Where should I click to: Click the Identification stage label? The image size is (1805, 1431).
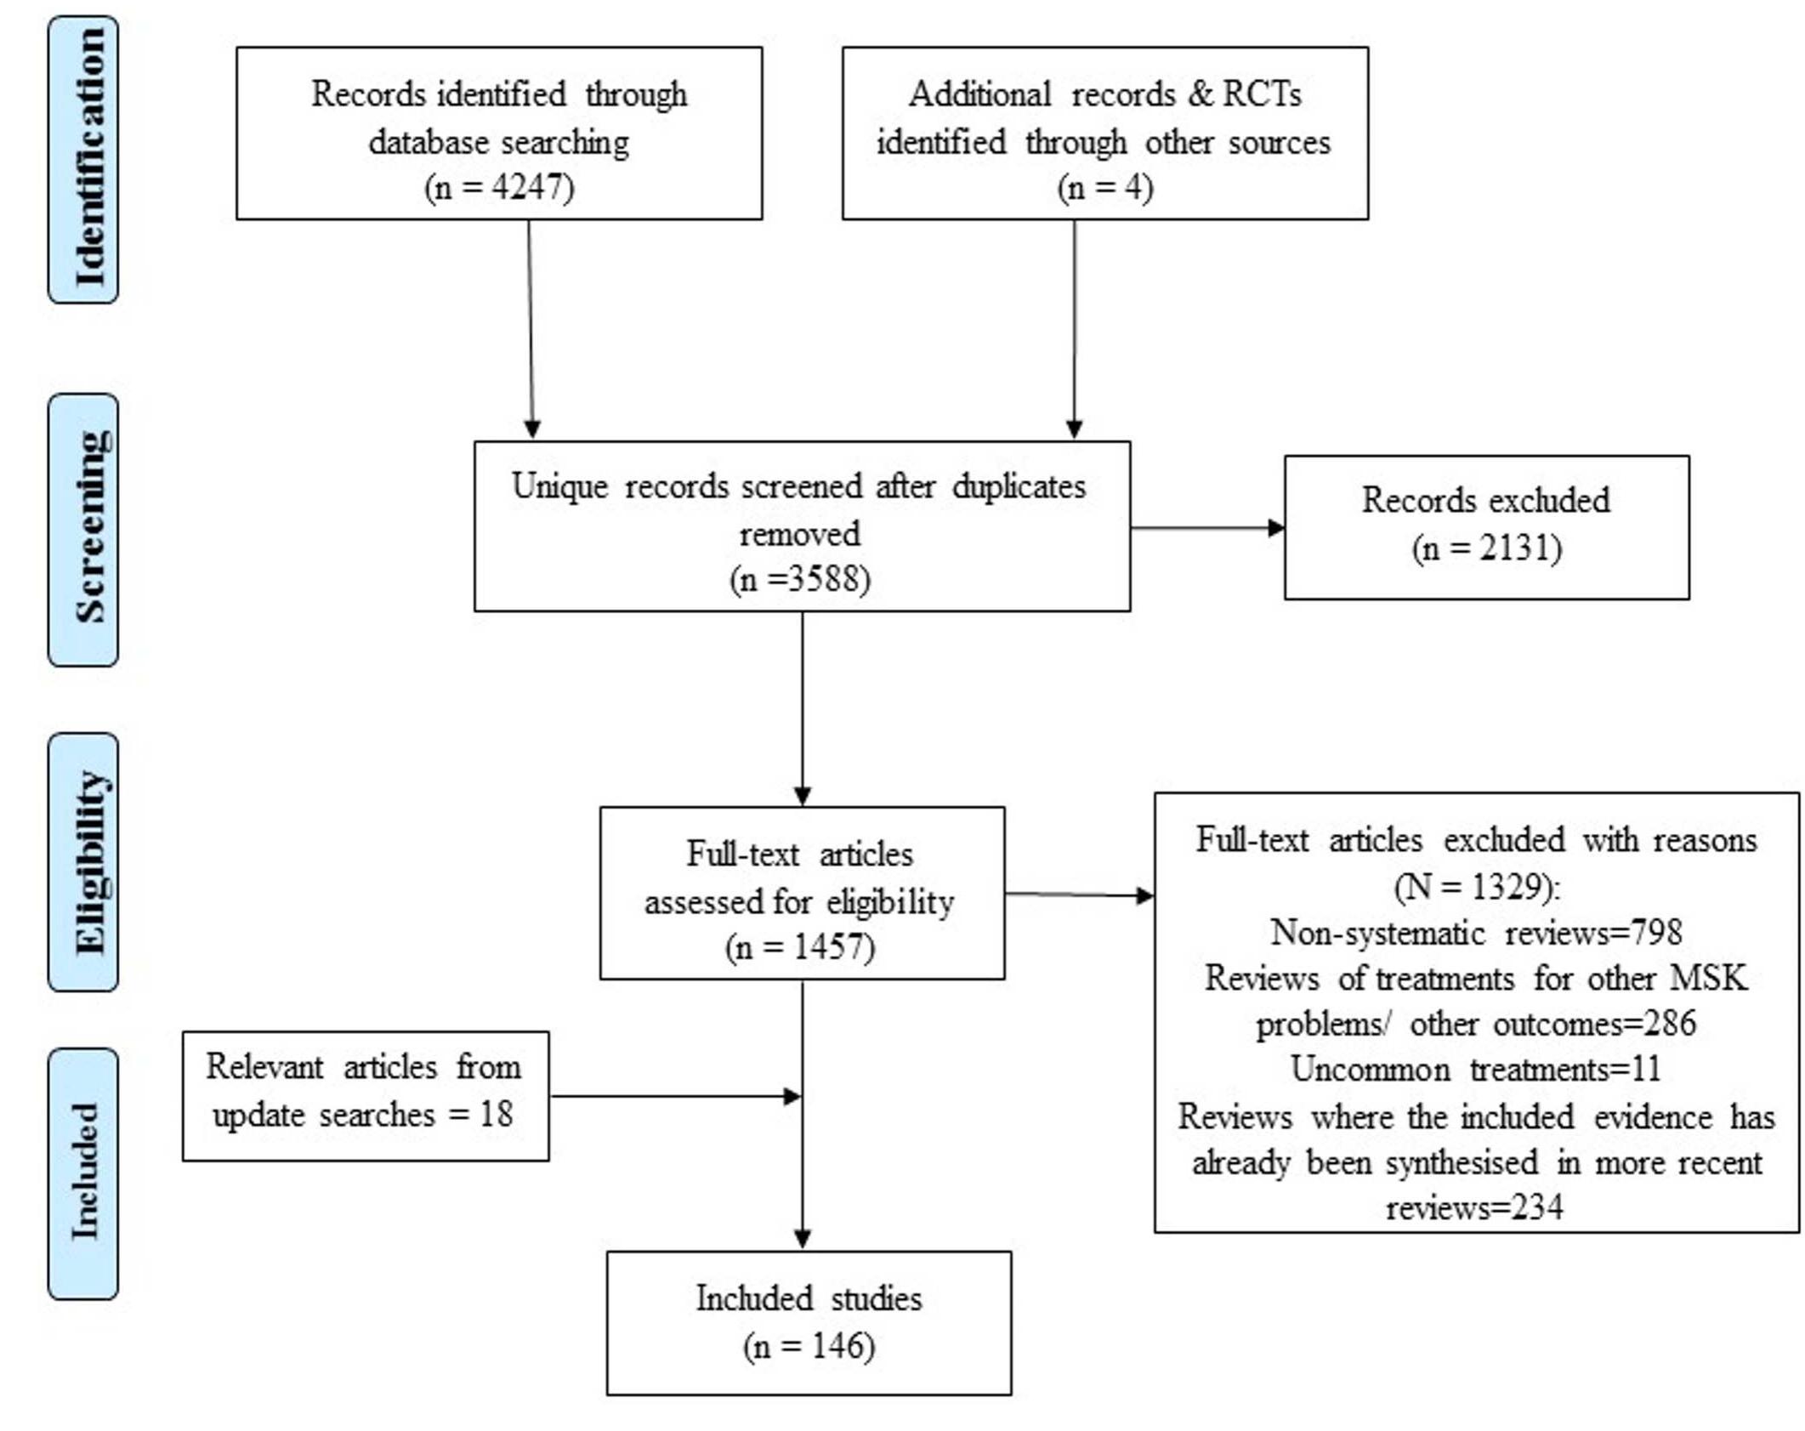83,159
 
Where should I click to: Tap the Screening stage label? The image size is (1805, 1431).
83,529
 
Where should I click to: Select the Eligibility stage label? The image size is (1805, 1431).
83,861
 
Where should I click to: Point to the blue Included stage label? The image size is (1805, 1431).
83,1173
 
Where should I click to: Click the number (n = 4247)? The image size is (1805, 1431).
499,187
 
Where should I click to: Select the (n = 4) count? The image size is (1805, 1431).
1104,187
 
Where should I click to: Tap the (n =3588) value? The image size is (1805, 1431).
800,579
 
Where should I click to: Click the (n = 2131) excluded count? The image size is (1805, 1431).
1486,548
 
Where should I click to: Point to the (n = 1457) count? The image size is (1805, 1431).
800,946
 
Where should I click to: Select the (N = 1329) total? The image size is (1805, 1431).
1477,887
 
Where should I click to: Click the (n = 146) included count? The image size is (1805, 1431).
809,1346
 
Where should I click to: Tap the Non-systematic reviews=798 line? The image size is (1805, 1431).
1476,933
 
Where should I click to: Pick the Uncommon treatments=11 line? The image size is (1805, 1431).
1476,1069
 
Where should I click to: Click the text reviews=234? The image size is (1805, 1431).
1474,1207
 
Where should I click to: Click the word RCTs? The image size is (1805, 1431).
1262,94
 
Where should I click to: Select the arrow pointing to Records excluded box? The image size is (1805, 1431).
1207,528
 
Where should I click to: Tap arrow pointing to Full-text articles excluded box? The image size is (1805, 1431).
1080,894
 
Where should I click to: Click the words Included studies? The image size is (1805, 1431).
809,1298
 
